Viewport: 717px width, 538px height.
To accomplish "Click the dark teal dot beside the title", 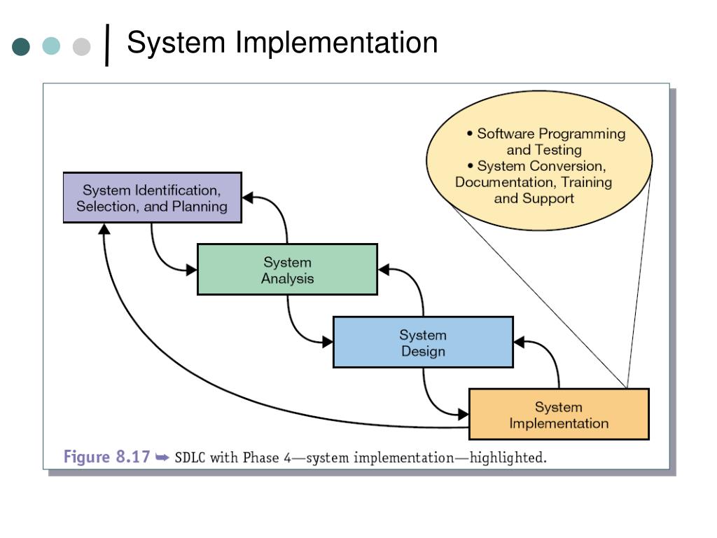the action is (21, 46).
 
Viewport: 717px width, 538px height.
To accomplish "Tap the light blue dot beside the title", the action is (51, 46).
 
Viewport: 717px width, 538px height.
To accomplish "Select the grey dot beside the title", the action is (81, 46).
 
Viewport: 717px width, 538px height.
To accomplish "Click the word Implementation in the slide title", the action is (337, 43).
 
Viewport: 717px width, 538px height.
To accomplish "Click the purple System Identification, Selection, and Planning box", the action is (152, 198).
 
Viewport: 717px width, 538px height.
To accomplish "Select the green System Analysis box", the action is (287, 270).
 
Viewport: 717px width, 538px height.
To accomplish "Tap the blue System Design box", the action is (423, 342).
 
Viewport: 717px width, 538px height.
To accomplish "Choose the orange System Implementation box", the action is (559, 415).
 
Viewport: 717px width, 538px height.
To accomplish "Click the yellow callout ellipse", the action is (539, 160).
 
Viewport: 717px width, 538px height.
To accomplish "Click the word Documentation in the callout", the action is (506, 182).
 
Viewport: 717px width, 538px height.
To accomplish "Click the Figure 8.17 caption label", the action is (106, 457).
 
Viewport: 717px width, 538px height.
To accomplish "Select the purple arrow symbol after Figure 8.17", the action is (162, 457).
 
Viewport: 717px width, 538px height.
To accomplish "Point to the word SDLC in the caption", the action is (190, 457).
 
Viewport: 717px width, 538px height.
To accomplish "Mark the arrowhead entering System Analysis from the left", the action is (192, 270).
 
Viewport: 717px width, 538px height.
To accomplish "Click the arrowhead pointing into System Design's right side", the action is (520, 342).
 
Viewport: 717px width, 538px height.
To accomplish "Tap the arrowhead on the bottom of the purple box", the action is (104, 229).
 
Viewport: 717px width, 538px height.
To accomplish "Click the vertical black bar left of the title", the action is (107, 45).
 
